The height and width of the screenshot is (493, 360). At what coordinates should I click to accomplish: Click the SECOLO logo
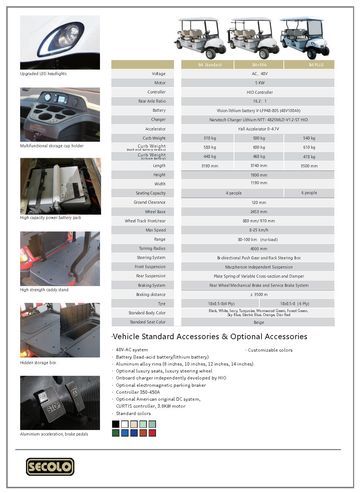pyautogui.click(x=50, y=467)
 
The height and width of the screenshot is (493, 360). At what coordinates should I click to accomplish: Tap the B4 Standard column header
pyautogui.click(x=210, y=65)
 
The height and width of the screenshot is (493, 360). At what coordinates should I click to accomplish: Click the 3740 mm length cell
pyautogui.click(x=259, y=166)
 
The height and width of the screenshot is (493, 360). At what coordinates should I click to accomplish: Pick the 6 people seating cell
pyautogui.click(x=309, y=193)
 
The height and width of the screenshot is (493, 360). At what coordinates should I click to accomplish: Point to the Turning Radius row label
pyautogui.click(x=152, y=248)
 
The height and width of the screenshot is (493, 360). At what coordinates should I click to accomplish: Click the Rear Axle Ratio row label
pyautogui.click(x=152, y=101)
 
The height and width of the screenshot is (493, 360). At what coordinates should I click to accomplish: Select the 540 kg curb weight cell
pyautogui.click(x=309, y=138)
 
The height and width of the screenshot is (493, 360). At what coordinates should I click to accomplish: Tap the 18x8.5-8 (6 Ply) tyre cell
pyautogui.click(x=294, y=304)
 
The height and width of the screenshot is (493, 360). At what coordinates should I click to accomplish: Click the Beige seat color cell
pyautogui.click(x=259, y=322)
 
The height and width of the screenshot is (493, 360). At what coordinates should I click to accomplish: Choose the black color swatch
pyautogui.click(x=115, y=424)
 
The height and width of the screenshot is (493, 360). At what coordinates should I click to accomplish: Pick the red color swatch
pyautogui.click(x=152, y=433)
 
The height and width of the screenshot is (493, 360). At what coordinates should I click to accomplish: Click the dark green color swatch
pyautogui.click(x=115, y=433)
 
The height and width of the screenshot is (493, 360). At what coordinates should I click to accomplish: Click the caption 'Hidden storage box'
pyautogui.click(x=38, y=363)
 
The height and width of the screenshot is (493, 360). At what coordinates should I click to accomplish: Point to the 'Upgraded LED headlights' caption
pyautogui.click(x=43, y=74)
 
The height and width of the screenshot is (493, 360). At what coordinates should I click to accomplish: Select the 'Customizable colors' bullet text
pyautogui.click(x=270, y=350)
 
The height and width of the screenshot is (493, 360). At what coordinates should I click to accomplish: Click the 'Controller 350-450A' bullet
pyautogui.click(x=138, y=392)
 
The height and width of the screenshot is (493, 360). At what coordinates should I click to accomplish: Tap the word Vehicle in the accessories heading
pyautogui.click(x=126, y=337)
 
